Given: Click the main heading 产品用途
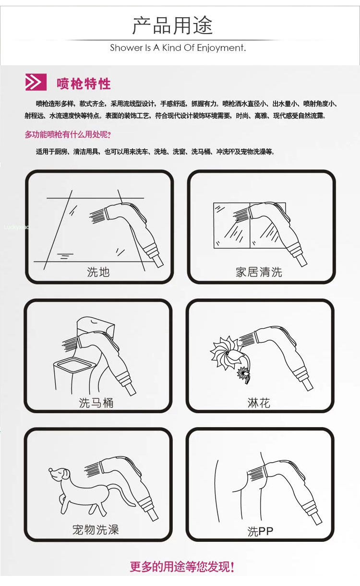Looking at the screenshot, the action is [x=172, y=25].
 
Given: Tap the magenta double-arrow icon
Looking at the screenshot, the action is [x=36, y=82].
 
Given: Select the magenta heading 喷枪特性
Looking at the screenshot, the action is [x=84, y=84].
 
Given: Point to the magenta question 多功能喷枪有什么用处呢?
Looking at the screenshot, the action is [x=68, y=134].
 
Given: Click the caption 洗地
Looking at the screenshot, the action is [x=98, y=272].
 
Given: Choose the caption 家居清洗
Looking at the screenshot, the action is [x=259, y=272].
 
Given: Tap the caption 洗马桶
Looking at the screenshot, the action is [x=96, y=403].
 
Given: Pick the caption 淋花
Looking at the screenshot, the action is [x=259, y=403].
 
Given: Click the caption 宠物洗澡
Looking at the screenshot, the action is [x=96, y=530].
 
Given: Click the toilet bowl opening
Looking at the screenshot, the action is [x=74, y=365].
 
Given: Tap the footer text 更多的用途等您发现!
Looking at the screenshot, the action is [x=182, y=567].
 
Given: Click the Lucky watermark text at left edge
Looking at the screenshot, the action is [x=16, y=227].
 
